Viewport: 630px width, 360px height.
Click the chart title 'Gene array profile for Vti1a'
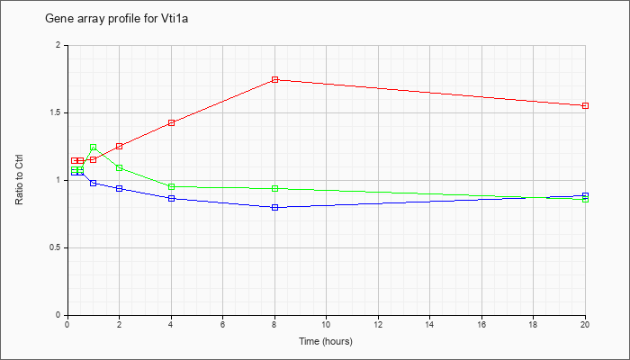[x=116, y=19]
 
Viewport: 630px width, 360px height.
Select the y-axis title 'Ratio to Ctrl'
[x=19, y=180]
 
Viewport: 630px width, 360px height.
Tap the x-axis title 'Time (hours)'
[x=326, y=341]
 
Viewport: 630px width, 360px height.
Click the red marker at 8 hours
[x=274, y=79]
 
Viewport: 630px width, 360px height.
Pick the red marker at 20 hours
[x=585, y=105]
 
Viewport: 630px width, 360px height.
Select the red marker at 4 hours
[x=172, y=122]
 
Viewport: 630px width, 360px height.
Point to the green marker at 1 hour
[x=94, y=147]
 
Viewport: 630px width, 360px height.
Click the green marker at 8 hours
[x=274, y=188]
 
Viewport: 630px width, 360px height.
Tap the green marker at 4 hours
[x=172, y=186]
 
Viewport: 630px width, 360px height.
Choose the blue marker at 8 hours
[x=274, y=207]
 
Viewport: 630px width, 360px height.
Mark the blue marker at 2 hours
[x=120, y=188]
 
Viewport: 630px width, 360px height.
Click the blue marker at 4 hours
[x=172, y=198]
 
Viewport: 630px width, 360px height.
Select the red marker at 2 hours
[x=120, y=146]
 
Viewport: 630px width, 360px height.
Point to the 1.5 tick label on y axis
[x=56, y=112]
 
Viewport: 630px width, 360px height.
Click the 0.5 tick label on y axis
[x=56, y=247]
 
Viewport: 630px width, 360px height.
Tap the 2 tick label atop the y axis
[x=58, y=45]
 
